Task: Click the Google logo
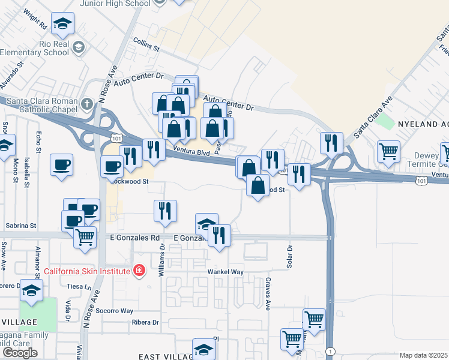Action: click(x=20, y=353)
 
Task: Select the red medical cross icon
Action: click(x=139, y=271)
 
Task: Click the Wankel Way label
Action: click(x=225, y=271)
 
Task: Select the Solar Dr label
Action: click(x=289, y=256)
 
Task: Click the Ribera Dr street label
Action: click(x=145, y=322)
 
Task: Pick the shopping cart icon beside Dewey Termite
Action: click(x=389, y=150)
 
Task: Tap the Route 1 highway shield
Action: click(x=330, y=350)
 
